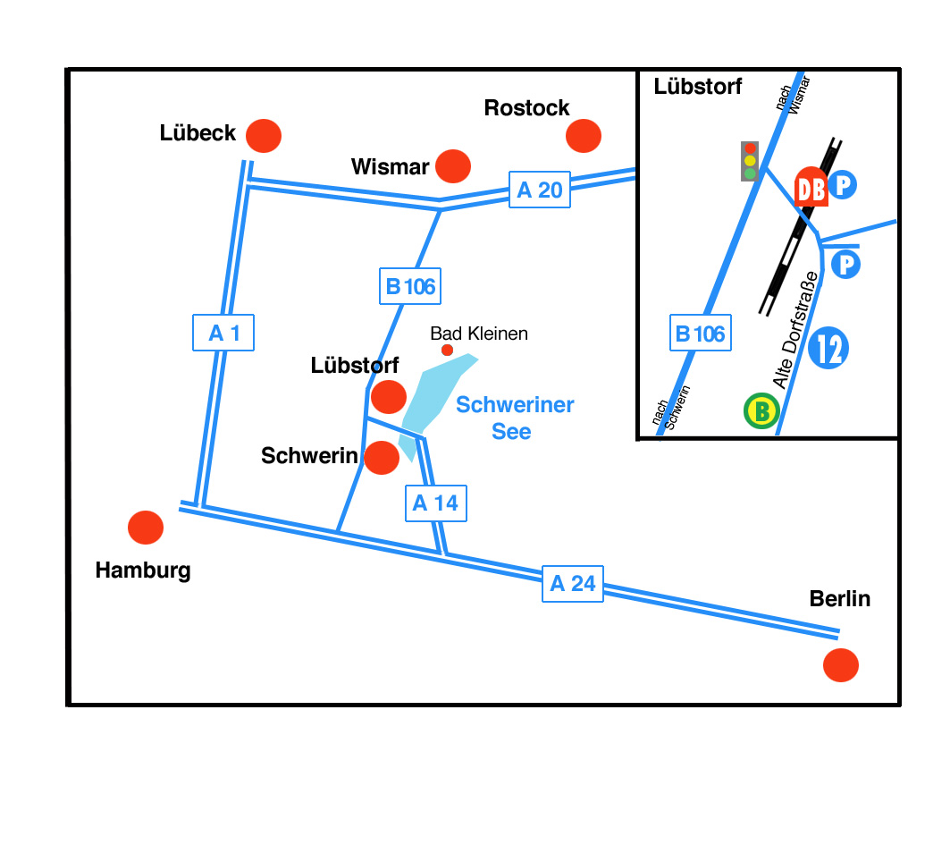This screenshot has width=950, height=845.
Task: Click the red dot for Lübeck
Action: pyautogui.click(x=264, y=136)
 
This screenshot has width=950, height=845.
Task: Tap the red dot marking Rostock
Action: pyautogui.click(x=584, y=136)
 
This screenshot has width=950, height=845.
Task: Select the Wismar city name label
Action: pyautogui.click(x=391, y=166)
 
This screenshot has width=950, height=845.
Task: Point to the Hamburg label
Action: pyautogui.click(x=143, y=570)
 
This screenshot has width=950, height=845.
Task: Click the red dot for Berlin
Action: pyautogui.click(x=841, y=665)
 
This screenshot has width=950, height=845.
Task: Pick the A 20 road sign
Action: pyautogui.click(x=540, y=190)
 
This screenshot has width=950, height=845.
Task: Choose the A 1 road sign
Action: pyautogui.click(x=223, y=334)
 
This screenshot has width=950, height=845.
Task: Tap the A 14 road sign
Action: pyautogui.click(x=435, y=503)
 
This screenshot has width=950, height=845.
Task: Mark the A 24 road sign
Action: pyautogui.click(x=573, y=584)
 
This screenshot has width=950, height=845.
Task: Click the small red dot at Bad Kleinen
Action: pyautogui.click(x=447, y=350)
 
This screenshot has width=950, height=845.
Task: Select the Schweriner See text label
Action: pyautogui.click(x=515, y=418)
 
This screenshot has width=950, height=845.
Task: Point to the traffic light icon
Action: pyautogui.click(x=750, y=161)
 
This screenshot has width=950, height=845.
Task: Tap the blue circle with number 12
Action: pyautogui.click(x=829, y=349)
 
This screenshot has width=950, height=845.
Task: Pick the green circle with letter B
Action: pyautogui.click(x=761, y=411)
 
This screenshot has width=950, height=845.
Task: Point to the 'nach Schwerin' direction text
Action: pyautogui.click(x=671, y=408)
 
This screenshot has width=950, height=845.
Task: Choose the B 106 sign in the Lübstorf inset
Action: pyautogui.click(x=701, y=334)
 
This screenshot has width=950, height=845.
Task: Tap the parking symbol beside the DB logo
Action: pyautogui.click(x=843, y=185)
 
